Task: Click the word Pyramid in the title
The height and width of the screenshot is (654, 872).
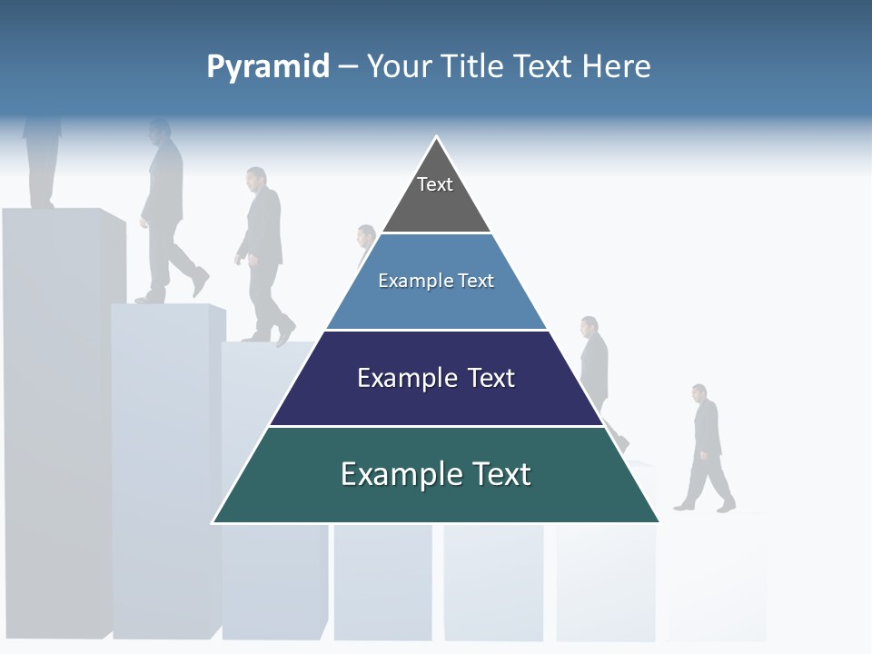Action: pyautogui.click(x=267, y=67)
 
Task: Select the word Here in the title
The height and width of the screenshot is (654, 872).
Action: pyautogui.click(x=616, y=66)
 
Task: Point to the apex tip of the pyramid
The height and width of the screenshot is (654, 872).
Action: pyautogui.click(x=436, y=139)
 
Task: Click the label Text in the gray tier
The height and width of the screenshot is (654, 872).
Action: pyautogui.click(x=434, y=184)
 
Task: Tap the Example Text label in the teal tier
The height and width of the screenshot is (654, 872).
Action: pyautogui.click(x=436, y=474)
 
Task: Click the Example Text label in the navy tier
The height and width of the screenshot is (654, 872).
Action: pyautogui.click(x=436, y=378)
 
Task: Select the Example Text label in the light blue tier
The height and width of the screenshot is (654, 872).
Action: pyautogui.click(x=436, y=281)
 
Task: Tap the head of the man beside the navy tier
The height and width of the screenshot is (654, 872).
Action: pyautogui.click(x=590, y=326)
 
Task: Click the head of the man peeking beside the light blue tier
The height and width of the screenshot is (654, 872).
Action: pyautogui.click(x=366, y=234)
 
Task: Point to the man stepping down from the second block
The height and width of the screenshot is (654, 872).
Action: pyautogui.click(x=167, y=213)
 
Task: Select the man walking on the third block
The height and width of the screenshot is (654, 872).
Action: pyautogui.click(x=263, y=254)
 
